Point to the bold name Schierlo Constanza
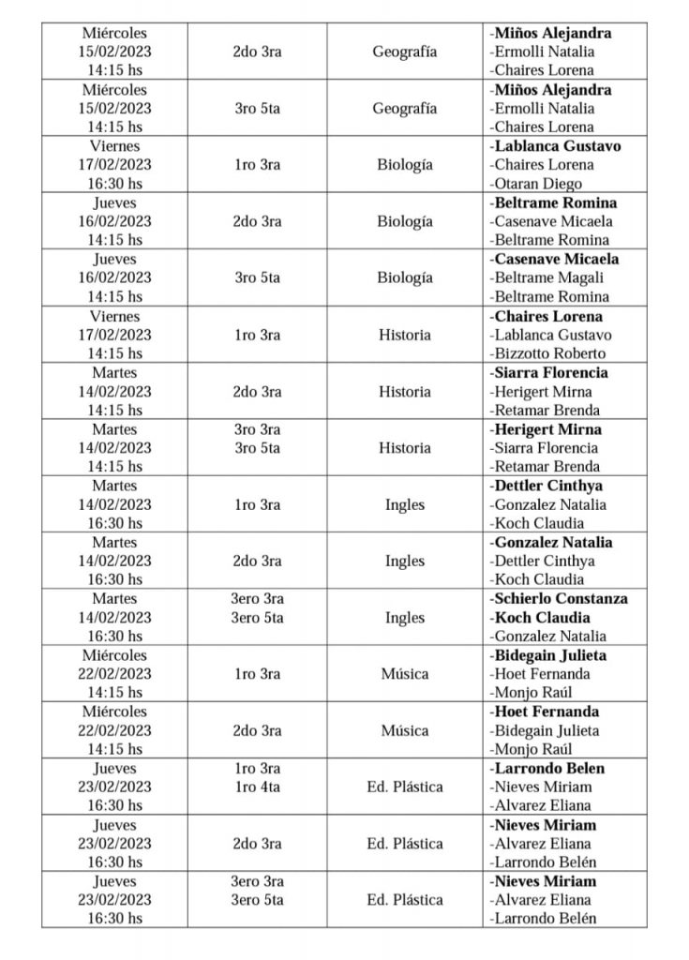tap(559, 598)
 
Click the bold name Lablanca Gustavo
tap(555, 146)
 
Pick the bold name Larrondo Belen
tap(548, 768)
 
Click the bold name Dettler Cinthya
tap(547, 486)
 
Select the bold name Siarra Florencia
tap(548, 372)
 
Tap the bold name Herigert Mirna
tap(546, 429)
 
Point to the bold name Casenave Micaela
tap(554, 259)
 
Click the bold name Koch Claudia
tap(541, 618)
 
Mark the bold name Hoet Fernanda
tap(546, 712)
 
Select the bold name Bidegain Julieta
tap(548, 655)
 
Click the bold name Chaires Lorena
tap(547, 316)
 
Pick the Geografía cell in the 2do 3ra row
tap(405, 52)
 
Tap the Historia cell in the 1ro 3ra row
tap(405, 335)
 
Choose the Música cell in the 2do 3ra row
tap(405, 730)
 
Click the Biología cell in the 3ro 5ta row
tap(405, 277)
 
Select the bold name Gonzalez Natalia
tap(551, 542)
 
